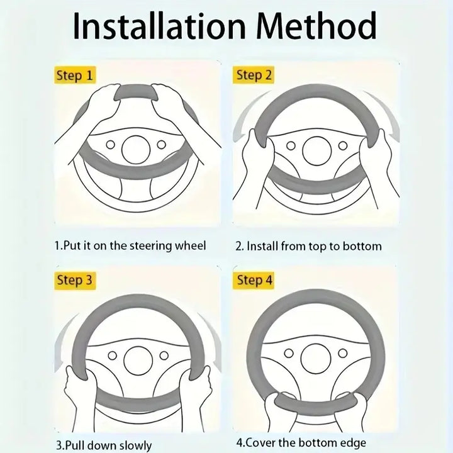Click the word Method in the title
(x=316, y=26)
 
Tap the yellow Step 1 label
(x=75, y=75)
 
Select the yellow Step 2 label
(x=254, y=75)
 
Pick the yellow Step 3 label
(x=75, y=280)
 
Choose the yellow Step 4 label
(x=254, y=280)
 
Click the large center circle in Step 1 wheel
(x=136, y=150)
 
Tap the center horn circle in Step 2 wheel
(x=316, y=150)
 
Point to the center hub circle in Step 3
(x=138, y=361)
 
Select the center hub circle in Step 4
(x=315, y=358)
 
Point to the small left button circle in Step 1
(x=110, y=144)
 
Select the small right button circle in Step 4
(x=343, y=353)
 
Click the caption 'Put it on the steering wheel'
(x=135, y=246)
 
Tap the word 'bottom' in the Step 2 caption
(x=362, y=246)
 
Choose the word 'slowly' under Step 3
(x=135, y=446)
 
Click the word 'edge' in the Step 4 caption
(x=352, y=443)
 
